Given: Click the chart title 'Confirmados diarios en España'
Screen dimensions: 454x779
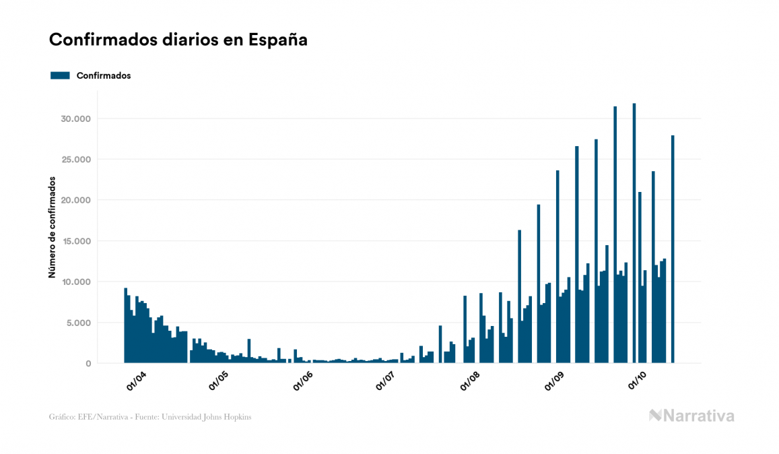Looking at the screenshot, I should click(x=178, y=40).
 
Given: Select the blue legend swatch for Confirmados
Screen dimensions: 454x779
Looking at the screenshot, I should click(x=60, y=75).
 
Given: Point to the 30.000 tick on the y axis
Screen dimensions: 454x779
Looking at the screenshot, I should click(x=75, y=119).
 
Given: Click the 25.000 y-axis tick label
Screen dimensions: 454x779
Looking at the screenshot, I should click(x=75, y=160).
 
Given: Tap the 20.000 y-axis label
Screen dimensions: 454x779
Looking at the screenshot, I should click(x=75, y=201).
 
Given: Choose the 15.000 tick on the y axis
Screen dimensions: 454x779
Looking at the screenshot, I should click(x=75, y=241).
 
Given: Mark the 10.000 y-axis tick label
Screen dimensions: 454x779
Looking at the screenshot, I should click(x=75, y=282).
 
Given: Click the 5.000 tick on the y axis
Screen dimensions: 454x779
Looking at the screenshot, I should click(x=77, y=323).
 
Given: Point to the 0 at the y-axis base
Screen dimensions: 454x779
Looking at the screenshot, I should click(x=88, y=363).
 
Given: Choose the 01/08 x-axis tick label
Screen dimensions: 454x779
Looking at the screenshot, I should click(x=471, y=380).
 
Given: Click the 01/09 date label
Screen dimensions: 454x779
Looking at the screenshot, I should click(x=555, y=380).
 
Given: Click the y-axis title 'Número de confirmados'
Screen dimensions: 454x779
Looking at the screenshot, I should click(x=52, y=227).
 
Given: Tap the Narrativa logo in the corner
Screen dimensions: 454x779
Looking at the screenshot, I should click(x=691, y=416).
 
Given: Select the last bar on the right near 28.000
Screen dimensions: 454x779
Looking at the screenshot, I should click(x=673, y=249).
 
